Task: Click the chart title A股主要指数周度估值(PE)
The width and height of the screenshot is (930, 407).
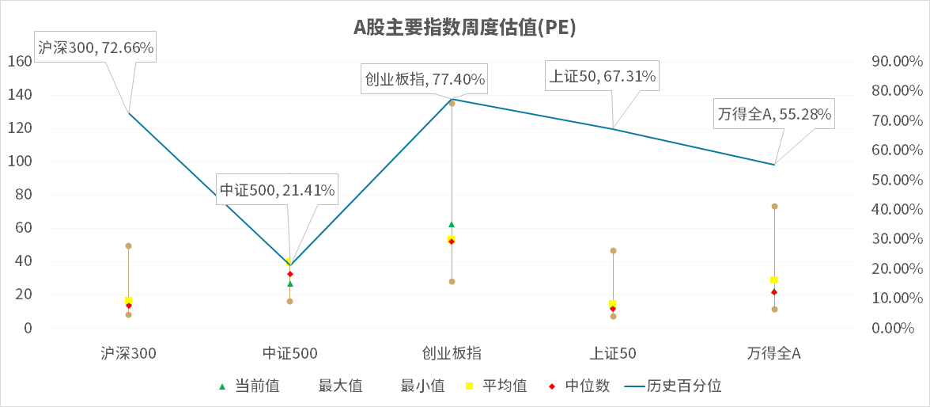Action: (464, 28)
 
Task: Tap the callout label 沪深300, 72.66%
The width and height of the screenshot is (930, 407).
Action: (96, 48)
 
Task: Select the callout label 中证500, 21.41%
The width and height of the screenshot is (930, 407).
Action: (277, 189)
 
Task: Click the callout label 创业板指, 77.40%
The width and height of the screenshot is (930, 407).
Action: (425, 80)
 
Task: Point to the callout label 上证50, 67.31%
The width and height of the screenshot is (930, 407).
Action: (602, 76)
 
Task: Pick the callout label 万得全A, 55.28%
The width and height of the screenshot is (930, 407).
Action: (774, 114)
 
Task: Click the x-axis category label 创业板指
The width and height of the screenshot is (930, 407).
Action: (452, 353)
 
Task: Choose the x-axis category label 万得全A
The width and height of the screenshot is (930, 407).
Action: (774, 353)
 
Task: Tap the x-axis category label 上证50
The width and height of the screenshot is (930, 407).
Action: (613, 353)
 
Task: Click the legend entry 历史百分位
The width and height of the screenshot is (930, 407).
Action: (673, 386)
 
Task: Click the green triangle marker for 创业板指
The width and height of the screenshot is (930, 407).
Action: (452, 224)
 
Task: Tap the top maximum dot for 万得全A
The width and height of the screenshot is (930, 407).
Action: (774, 206)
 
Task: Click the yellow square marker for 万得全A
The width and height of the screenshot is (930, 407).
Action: (774, 280)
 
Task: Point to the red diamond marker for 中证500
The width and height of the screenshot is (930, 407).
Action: (290, 274)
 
